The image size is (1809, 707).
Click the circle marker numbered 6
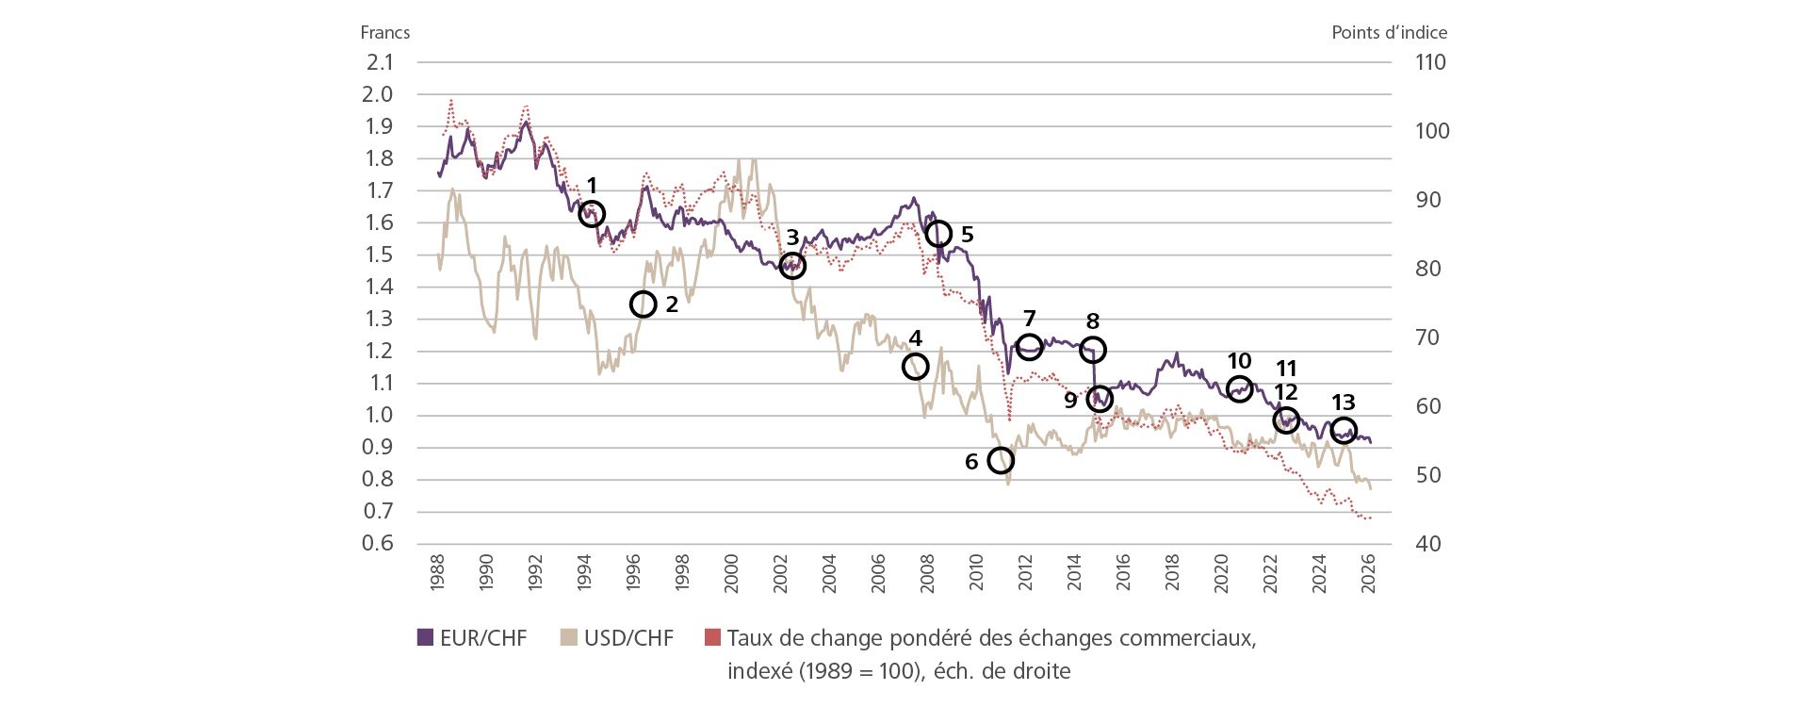coord(1001,460)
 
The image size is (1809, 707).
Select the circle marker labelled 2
coord(643,304)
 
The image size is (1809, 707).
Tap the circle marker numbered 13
coord(1344,430)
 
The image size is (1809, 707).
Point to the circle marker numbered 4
coord(915,367)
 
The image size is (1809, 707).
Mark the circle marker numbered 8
coord(1092,350)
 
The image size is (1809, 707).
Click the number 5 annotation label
coord(967,234)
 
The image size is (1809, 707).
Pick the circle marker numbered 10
coord(1239,387)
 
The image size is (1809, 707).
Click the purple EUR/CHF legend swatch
coord(425,638)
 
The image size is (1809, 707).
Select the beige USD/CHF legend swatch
coord(568,638)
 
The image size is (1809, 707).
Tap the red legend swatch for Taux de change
coord(712,638)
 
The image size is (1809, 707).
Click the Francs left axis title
coord(384,32)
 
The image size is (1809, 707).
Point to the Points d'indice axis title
coord(1389,32)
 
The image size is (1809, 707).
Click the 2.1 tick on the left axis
coord(380,62)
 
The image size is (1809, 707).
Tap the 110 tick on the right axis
coord(1430,62)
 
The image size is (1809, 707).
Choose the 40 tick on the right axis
coord(1427,543)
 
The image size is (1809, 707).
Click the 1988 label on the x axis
coord(437,572)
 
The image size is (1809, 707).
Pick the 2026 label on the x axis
coord(1368,572)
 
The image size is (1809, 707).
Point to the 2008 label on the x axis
coord(927,572)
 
